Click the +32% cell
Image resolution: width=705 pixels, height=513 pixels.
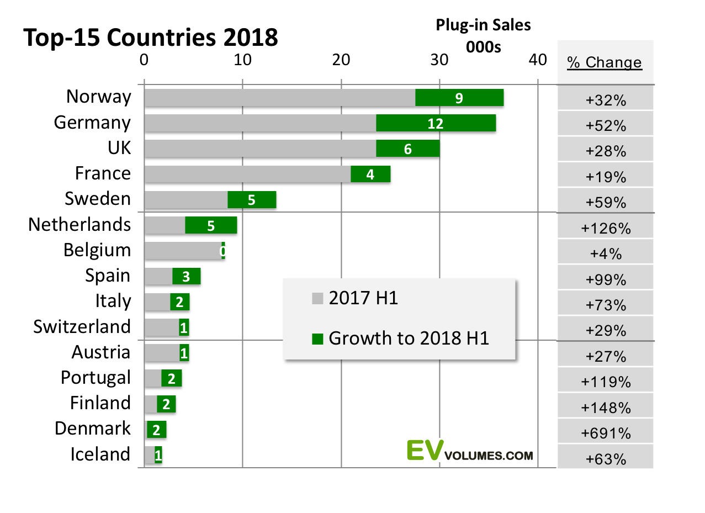click(606, 101)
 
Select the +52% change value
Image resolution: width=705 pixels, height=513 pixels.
click(606, 126)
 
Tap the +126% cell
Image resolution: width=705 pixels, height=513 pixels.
click(606, 228)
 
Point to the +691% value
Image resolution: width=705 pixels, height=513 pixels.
click(606, 433)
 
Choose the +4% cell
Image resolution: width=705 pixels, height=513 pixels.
click(606, 254)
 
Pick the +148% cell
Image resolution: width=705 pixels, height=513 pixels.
click(606, 408)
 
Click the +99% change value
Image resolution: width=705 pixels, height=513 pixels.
click(606, 279)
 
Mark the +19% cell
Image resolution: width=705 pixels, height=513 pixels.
click(606, 177)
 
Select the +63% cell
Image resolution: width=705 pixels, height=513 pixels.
click(606, 459)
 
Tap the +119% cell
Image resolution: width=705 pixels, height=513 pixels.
click(606, 382)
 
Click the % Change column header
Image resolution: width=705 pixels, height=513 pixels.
click(605, 62)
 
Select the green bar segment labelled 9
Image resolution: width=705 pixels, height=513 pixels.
click(459, 98)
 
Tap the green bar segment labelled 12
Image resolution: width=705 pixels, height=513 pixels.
click(436, 123)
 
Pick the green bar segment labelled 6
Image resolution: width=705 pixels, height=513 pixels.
click(407, 149)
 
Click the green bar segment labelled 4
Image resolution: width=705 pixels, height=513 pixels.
click(370, 174)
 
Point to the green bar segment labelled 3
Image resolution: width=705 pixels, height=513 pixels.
click(186, 276)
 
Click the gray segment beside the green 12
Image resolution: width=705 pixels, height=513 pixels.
click(260, 123)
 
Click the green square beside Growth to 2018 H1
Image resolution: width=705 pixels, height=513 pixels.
click(317, 339)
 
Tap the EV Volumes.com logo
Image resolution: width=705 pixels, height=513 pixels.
click(470, 450)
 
